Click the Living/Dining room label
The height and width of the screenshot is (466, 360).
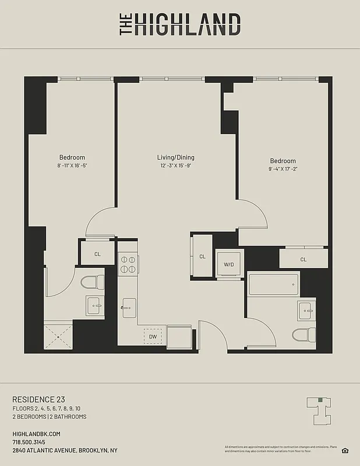tap(175, 157)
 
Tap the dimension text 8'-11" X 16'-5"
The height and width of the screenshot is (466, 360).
tap(72, 166)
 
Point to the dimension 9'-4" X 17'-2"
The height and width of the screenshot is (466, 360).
tap(283, 170)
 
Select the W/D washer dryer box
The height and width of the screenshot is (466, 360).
tap(228, 264)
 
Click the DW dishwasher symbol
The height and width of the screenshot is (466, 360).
tap(153, 336)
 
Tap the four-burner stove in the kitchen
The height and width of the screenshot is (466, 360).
tap(128, 264)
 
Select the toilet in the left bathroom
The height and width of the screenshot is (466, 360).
tap(91, 283)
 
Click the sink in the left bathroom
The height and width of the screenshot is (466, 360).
tap(94, 305)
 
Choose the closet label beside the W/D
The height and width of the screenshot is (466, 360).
tap(202, 256)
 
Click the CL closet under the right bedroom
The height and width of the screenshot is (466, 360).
tap(303, 259)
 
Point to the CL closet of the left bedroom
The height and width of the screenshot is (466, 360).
tap(98, 254)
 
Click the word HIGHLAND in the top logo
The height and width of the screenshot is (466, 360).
tap(188, 25)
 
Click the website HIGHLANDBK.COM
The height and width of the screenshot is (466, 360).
tap(36, 434)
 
